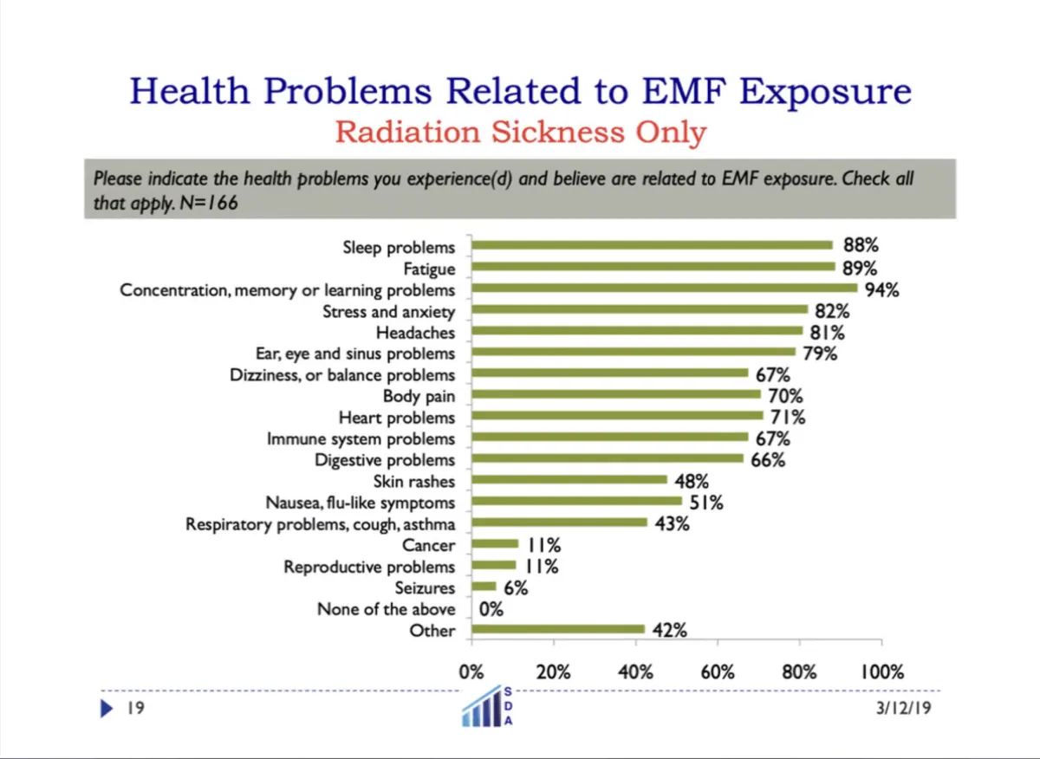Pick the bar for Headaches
click(x=637, y=331)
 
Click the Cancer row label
click(x=428, y=545)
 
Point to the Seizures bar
click(x=484, y=587)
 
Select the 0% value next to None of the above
click(x=491, y=609)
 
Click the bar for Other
click(x=558, y=629)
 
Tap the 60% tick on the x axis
click(x=718, y=671)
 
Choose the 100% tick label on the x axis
click(x=881, y=671)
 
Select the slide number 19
click(x=134, y=709)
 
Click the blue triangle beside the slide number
click(x=107, y=709)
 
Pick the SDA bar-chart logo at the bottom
click(x=491, y=705)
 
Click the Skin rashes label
click(x=414, y=481)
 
